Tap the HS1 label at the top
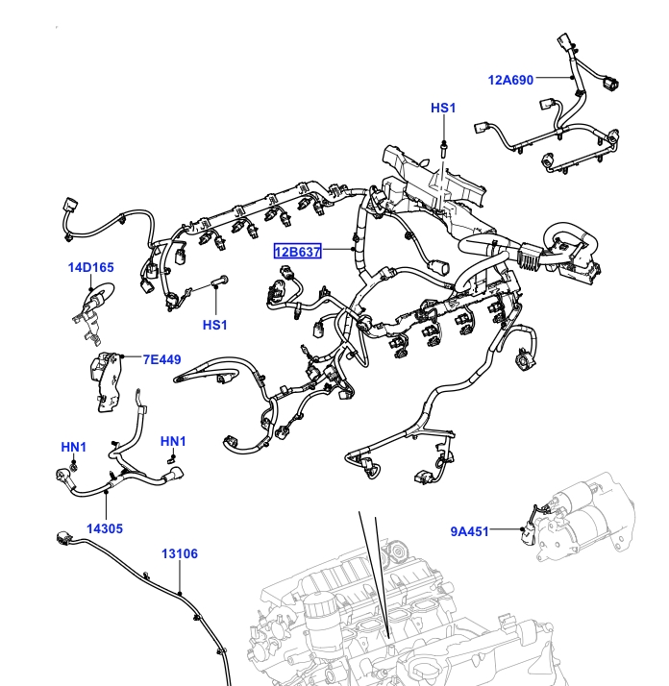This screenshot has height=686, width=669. pos(442,109)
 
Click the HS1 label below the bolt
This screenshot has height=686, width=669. pos(215,325)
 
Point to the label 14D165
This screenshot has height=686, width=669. pos(91,267)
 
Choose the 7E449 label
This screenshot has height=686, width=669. pos(162,360)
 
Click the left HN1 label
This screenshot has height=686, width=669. pos(74,447)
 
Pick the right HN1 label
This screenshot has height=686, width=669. pos(173,441)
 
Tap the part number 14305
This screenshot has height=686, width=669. pos(105,527)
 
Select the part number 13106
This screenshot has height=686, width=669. pos(179,553)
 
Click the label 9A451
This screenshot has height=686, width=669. pos(470,529)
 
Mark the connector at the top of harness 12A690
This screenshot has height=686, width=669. pos(563,43)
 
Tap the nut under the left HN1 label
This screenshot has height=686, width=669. pos(73,466)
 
